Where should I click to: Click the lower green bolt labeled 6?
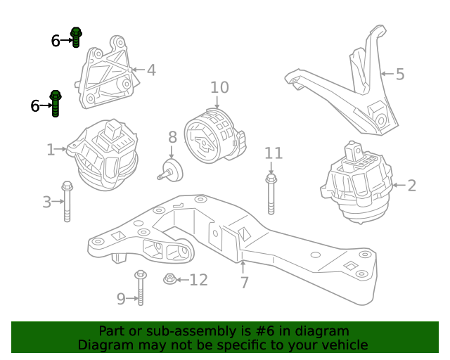tap(56, 103)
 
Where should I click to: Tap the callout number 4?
tap(151, 70)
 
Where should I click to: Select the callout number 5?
tap(399, 73)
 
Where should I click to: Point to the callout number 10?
tap(219, 87)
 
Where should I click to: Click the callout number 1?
tap(51, 149)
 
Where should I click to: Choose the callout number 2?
tap(411, 186)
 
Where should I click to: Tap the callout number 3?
tap(46, 202)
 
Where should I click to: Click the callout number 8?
tap(172, 137)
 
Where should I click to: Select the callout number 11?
tap(273, 153)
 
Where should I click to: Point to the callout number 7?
tap(244, 283)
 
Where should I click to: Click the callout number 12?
tap(198, 281)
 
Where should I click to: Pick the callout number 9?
tap(121, 299)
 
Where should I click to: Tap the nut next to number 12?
tap(169, 280)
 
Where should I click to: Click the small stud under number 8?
tap(169, 171)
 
